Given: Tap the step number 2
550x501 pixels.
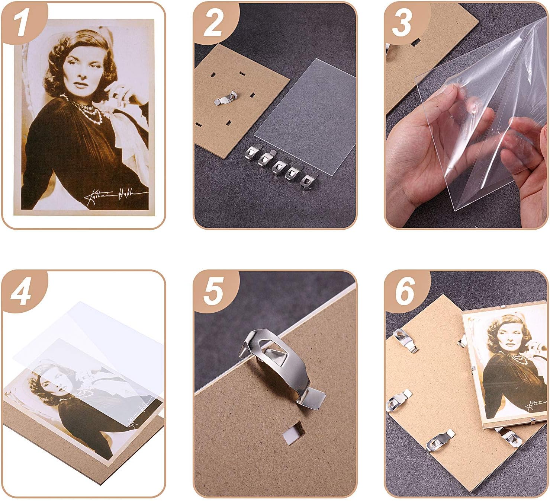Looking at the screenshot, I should (213, 23).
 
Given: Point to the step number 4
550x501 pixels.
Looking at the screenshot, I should (21, 291).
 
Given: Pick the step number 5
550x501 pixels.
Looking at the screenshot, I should (213, 291).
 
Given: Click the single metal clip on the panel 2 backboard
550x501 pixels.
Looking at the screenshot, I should (225, 99).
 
